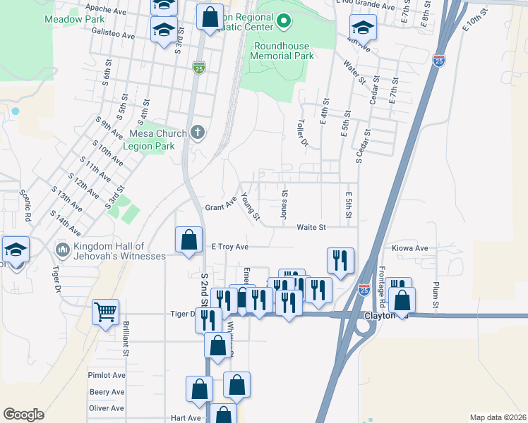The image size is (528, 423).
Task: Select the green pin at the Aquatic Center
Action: (283, 22)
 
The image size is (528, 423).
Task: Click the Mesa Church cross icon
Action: (198, 133)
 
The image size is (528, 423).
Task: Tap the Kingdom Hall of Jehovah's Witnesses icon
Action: (63, 250)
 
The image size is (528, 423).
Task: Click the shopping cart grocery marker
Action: (106, 310)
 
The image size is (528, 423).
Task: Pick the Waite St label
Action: (311, 227)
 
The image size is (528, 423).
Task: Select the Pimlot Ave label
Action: (107, 375)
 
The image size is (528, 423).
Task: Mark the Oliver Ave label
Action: (107, 408)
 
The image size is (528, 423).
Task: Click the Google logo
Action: (23, 415)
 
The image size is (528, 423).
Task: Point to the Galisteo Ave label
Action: (109, 35)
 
